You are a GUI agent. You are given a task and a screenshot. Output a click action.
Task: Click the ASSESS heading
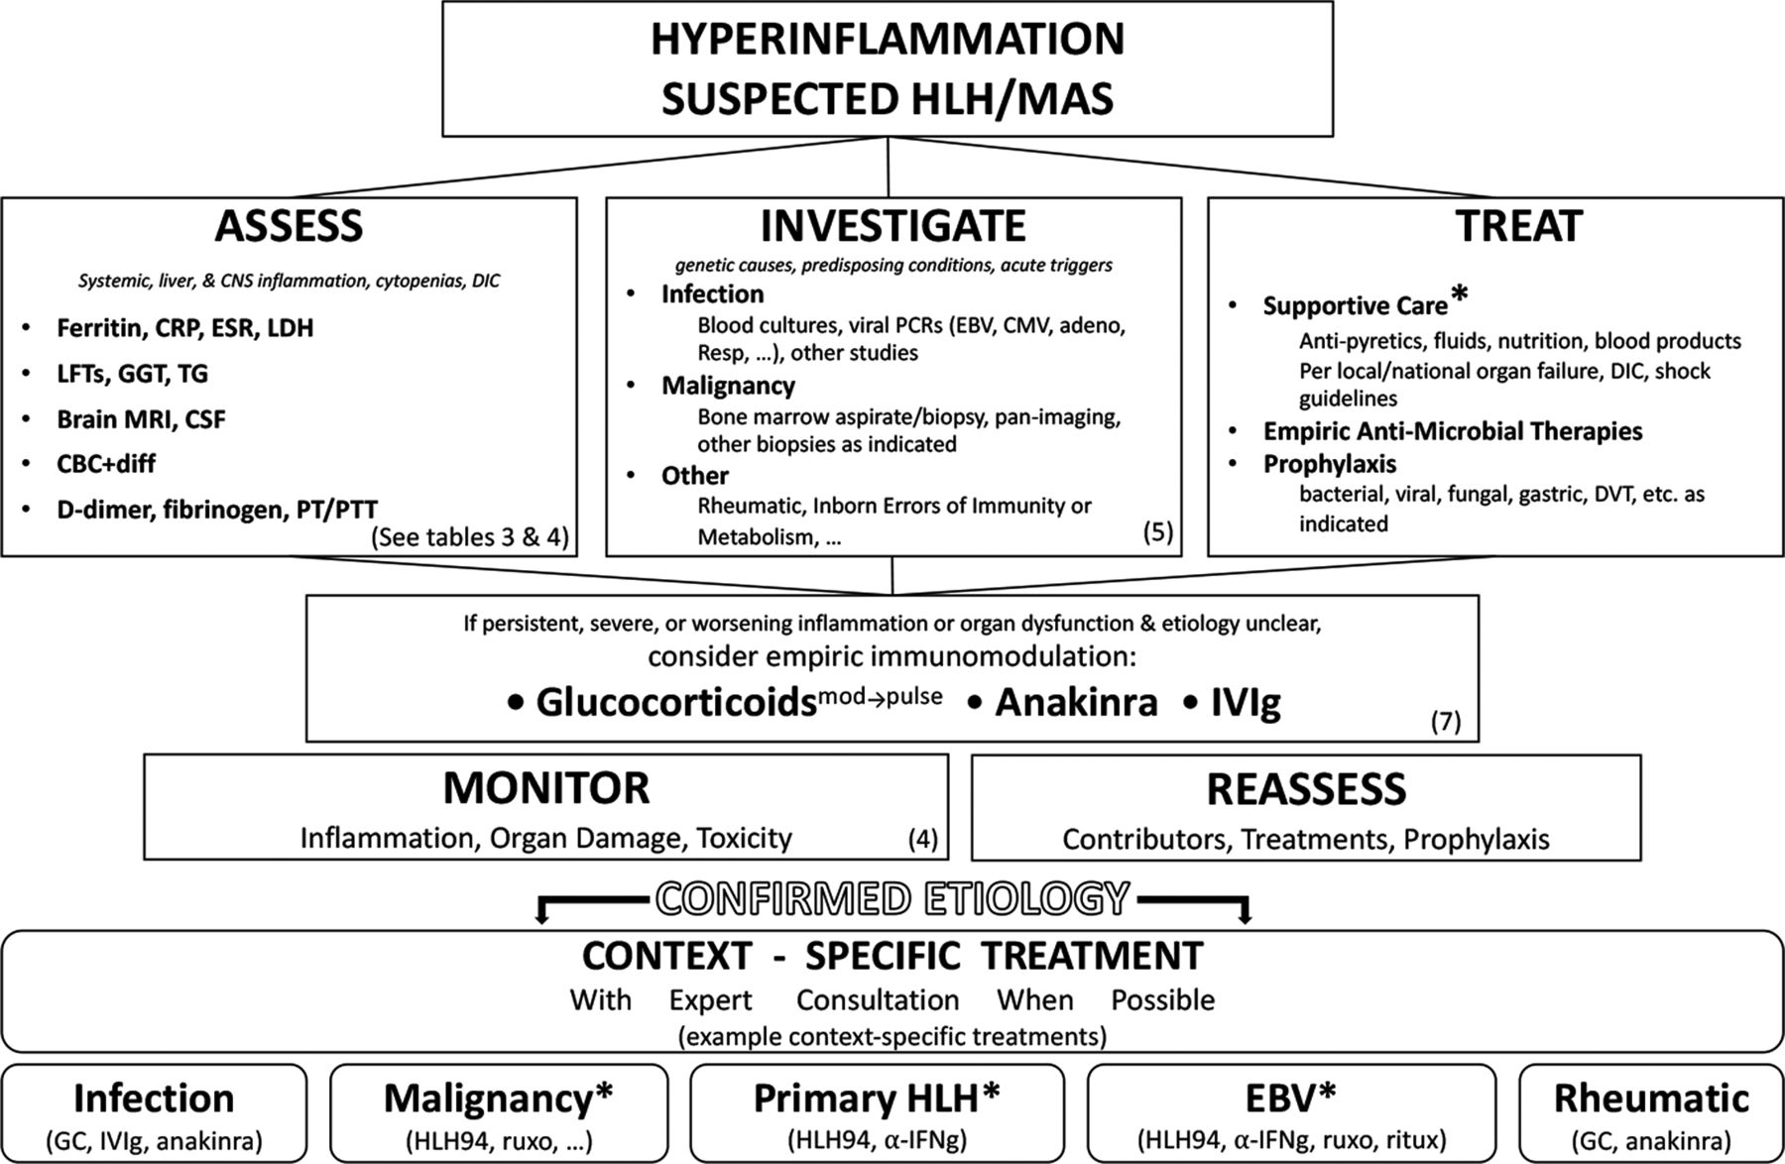coord(289,227)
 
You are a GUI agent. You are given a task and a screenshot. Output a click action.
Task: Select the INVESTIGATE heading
coord(892,226)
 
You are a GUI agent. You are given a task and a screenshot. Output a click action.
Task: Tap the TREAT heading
coord(1518,226)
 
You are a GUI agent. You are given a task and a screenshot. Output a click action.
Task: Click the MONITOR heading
coord(546,788)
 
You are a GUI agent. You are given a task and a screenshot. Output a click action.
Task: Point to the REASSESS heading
coord(1306,789)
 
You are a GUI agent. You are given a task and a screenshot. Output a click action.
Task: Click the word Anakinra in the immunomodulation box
coord(1076,702)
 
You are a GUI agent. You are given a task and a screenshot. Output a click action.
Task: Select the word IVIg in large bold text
coord(1246,703)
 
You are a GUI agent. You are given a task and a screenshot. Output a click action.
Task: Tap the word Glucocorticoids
coord(675,702)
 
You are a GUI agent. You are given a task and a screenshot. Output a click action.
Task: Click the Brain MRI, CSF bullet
coord(141,419)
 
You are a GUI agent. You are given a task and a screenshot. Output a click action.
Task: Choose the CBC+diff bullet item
coord(106,464)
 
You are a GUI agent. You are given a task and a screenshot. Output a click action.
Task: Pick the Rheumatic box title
coord(1651,1099)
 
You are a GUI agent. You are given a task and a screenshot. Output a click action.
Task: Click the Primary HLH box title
coord(877,1099)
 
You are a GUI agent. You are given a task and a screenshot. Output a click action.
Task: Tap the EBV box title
coord(1291,1098)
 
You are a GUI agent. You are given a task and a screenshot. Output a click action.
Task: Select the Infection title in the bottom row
coord(154,1099)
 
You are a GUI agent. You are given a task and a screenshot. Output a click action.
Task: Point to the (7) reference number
coord(1446,721)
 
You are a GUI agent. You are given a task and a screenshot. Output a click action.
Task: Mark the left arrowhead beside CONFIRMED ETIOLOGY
coord(541,917)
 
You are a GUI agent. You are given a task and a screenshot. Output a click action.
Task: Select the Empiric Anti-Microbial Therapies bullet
coord(1453,431)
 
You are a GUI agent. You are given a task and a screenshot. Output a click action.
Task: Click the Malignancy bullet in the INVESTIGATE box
coord(728,385)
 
